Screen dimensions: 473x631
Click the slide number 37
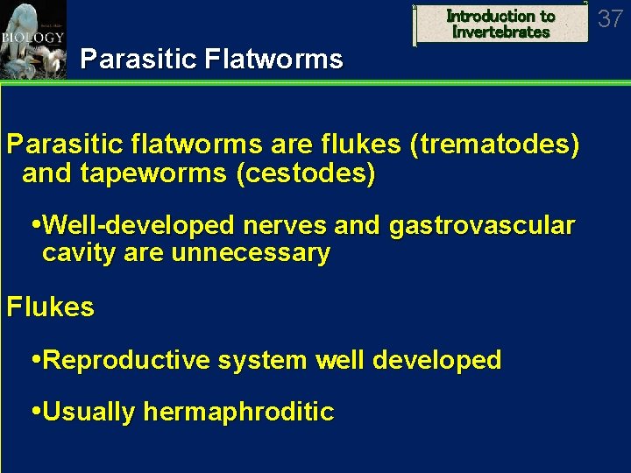coord(610,18)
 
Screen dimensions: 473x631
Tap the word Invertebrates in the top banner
coord(501,32)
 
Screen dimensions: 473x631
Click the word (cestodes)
coord(306,173)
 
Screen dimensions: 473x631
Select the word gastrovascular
coord(482,226)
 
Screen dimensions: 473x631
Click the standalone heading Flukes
coord(50,307)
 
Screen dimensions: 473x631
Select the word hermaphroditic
coord(238,412)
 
